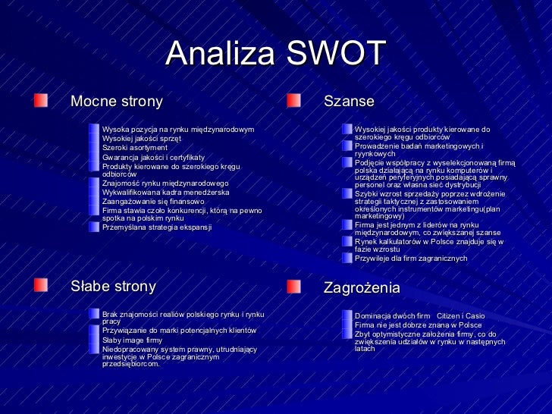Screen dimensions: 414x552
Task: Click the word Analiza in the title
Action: (221, 53)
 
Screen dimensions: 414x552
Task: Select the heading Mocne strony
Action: (116, 101)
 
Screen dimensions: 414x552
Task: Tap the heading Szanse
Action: (349, 101)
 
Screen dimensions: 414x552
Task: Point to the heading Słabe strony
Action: (113, 287)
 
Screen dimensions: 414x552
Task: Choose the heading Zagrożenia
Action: (362, 288)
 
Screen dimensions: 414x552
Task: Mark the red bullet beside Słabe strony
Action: (40, 286)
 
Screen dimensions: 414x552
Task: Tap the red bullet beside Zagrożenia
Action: (294, 287)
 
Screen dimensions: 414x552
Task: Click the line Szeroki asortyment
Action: (134, 148)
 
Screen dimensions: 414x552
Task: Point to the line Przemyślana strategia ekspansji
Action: (157, 227)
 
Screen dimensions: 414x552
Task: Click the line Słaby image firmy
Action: (132, 340)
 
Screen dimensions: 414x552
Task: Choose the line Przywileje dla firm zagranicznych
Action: (411, 259)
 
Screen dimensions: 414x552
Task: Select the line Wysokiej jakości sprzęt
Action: (142, 139)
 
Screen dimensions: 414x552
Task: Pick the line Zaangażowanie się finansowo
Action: (153, 202)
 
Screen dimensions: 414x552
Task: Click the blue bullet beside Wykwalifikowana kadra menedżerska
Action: (94, 193)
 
